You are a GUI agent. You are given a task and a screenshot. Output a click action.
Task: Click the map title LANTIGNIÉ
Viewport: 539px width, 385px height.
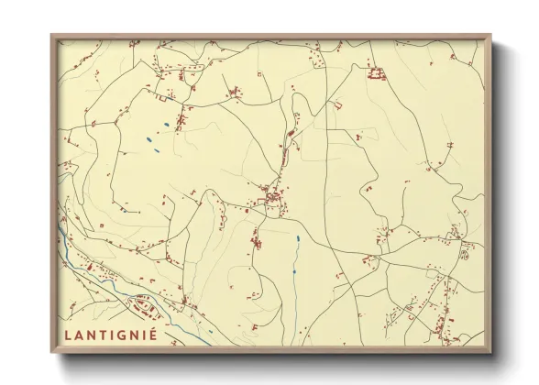110,334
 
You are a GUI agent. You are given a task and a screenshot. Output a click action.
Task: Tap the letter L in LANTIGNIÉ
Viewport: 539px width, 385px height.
68,334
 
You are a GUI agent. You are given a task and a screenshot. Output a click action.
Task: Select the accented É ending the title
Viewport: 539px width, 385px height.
152,333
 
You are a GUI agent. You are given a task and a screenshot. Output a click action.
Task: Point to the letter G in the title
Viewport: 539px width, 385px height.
120,334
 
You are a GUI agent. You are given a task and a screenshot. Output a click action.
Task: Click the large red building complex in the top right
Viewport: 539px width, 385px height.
374,72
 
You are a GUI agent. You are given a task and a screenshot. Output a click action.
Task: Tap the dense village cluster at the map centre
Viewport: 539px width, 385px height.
271,196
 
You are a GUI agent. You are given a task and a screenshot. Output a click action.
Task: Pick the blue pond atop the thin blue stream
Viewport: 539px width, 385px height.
297,239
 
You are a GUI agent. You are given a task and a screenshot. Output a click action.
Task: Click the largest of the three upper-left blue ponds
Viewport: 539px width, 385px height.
148,140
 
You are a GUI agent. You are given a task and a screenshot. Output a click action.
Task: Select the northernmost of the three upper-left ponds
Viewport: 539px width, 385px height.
165,124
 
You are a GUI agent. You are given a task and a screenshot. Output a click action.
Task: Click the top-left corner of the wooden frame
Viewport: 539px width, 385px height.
52,36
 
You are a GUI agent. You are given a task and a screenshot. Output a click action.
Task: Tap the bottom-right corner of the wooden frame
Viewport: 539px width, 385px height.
490,352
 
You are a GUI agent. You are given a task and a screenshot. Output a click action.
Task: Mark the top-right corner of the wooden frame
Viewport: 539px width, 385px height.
490,36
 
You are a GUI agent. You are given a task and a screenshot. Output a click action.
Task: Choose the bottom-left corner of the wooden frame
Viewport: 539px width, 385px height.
52,352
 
